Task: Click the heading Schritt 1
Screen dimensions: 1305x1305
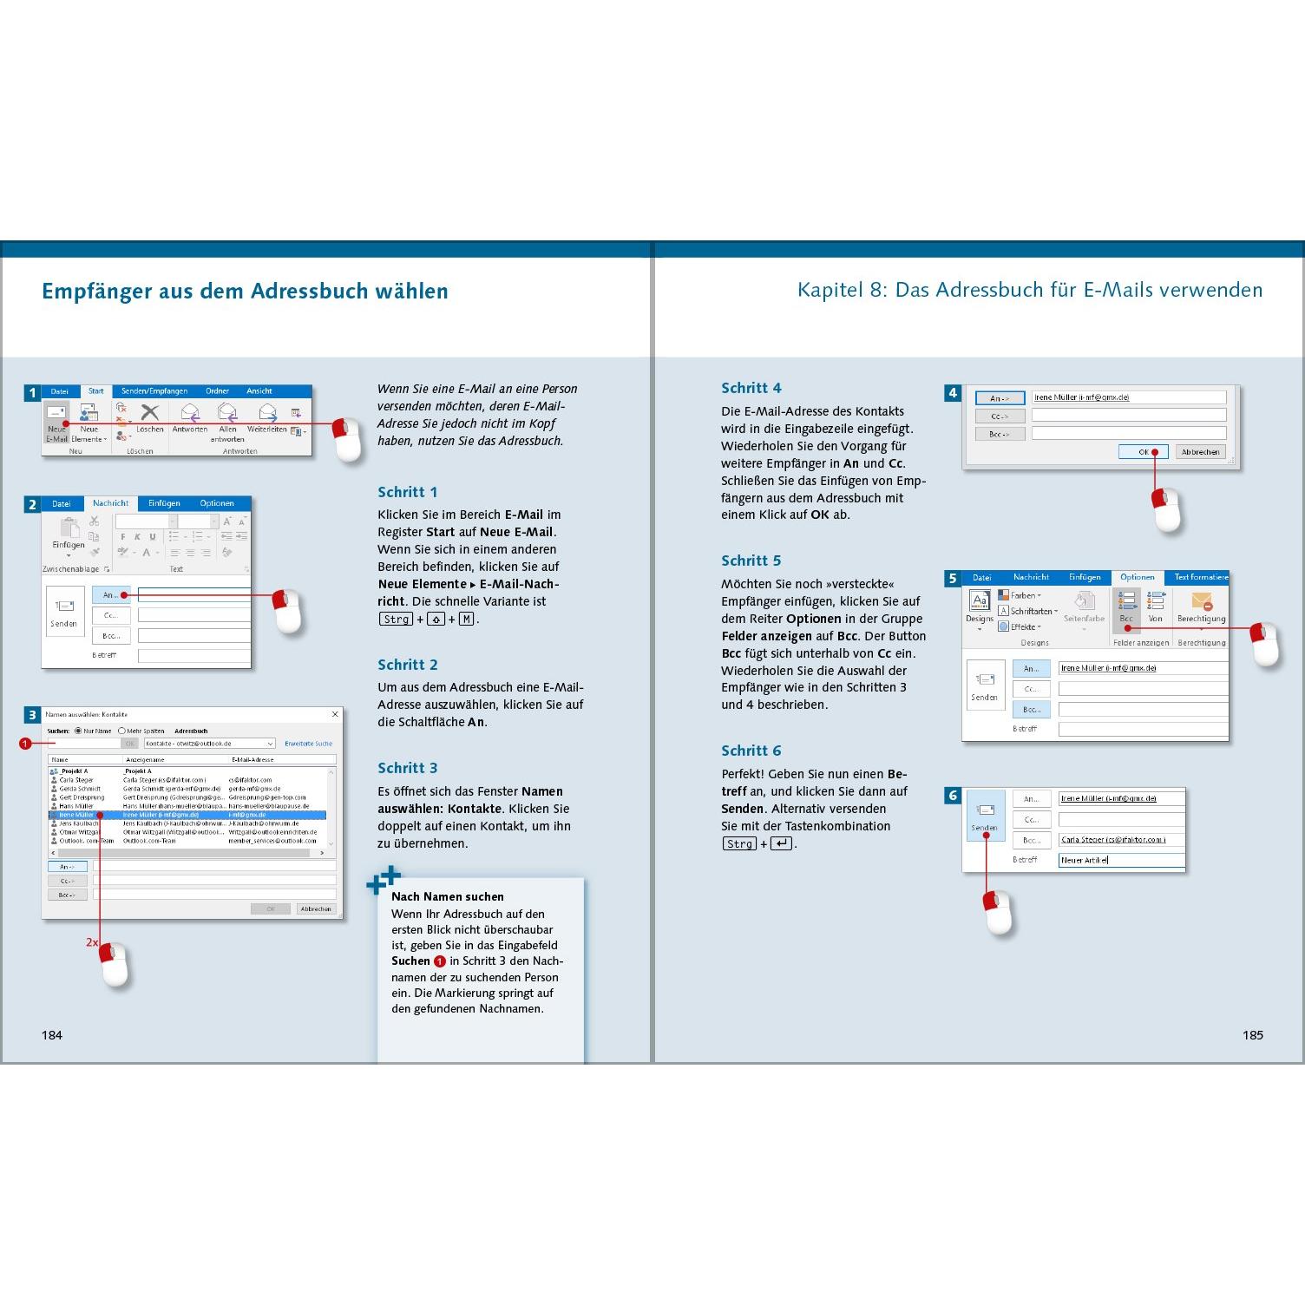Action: (x=408, y=492)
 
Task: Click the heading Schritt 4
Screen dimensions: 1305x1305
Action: (x=751, y=388)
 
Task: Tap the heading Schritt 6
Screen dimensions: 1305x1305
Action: (x=751, y=751)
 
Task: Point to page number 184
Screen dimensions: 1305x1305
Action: (x=52, y=1034)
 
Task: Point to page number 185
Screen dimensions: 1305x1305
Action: (x=1252, y=1034)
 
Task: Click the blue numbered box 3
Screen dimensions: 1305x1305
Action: (x=32, y=715)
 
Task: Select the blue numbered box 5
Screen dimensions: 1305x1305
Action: (x=953, y=579)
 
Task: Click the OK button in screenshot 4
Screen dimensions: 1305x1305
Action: (x=1143, y=451)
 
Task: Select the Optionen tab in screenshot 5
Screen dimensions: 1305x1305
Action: (x=1137, y=577)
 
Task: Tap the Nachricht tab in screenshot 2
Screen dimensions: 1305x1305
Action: (x=110, y=503)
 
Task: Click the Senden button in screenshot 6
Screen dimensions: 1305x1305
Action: (x=985, y=816)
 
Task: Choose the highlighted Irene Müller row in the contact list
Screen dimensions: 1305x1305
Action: (x=187, y=815)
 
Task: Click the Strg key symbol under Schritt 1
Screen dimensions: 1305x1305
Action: (x=397, y=619)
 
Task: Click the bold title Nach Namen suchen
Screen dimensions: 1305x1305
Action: (x=448, y=896)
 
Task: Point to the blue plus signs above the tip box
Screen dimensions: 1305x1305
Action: (x=384, y=879)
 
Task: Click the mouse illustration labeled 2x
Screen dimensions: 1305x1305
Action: (x=115, y=963)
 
